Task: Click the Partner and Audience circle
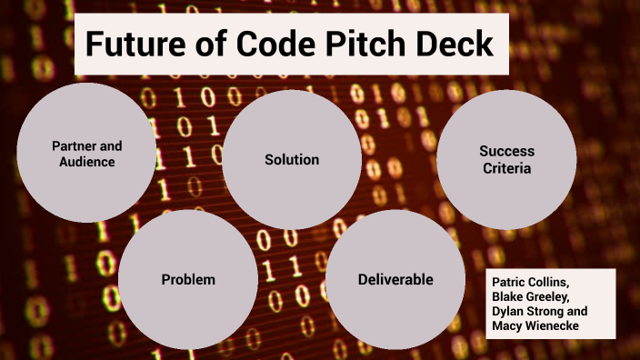point(86,153)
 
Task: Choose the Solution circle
point(292,159)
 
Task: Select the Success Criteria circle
point(506,159)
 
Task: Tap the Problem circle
point(187,279)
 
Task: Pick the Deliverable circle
point(395,279)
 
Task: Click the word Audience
point(87,162)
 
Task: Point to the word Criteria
point(506,168)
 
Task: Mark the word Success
point(506,151)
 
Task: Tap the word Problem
point(187,279)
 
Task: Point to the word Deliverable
point(395,279)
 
